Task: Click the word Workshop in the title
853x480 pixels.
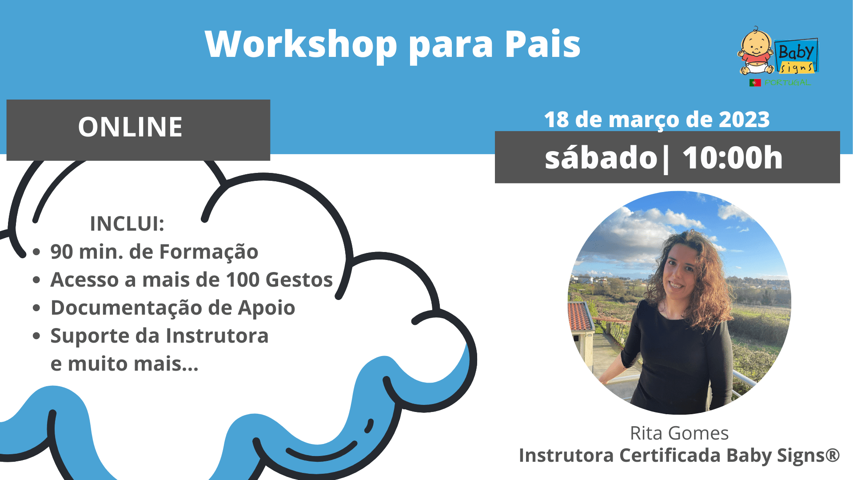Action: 301,44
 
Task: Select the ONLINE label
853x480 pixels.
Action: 130,127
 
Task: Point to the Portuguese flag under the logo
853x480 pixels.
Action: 755,83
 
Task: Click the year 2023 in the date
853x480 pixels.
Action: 744,120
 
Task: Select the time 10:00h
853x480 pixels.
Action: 733,158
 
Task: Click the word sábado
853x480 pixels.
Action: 601,158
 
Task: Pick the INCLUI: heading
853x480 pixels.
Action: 127,224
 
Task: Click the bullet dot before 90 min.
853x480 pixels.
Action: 36,252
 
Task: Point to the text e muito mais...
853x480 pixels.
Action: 124,364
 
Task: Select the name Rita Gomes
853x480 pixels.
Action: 679,433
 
